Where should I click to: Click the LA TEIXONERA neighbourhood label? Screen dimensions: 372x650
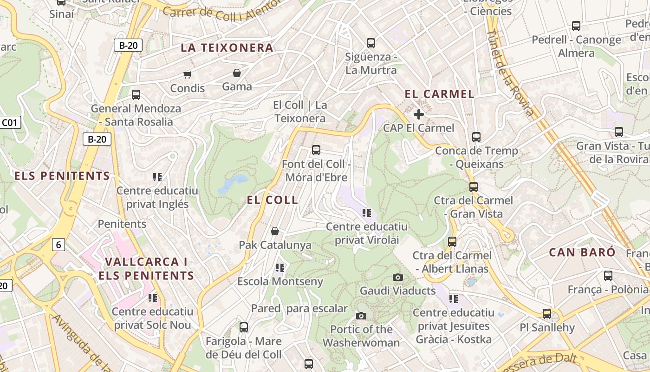tap(227, 48)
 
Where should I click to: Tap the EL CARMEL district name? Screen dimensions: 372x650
tap(439, 94)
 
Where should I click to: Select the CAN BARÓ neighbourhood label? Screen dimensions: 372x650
tap(582, 252)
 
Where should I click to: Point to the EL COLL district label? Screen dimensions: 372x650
tap(272, 200)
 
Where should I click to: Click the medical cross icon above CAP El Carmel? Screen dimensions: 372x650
tap(419, 114)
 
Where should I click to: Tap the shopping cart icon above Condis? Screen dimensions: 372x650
tap(188, 74)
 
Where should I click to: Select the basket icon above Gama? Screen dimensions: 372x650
tap(237, 73)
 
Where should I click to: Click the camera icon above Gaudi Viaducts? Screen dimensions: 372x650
tap(398, 278)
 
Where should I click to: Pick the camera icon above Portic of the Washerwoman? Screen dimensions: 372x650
tap(361, 316)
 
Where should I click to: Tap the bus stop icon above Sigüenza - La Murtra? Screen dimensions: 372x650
tap(370, 43)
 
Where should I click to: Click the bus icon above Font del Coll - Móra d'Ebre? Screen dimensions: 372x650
tap(316, 150)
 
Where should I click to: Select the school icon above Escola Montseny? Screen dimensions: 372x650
tap(279, 267)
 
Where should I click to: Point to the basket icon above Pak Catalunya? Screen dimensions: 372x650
tap(275, 231)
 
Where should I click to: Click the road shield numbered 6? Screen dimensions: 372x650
tap(58, 245)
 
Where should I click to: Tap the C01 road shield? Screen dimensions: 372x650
tap(10, 123)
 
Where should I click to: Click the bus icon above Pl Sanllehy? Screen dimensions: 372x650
tap(547, 314)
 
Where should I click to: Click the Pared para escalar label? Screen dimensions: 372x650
tap(299, 308)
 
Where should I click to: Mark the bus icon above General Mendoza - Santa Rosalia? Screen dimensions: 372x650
tap(136, 95)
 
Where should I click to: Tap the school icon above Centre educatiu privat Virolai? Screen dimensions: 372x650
tap(367, 213)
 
